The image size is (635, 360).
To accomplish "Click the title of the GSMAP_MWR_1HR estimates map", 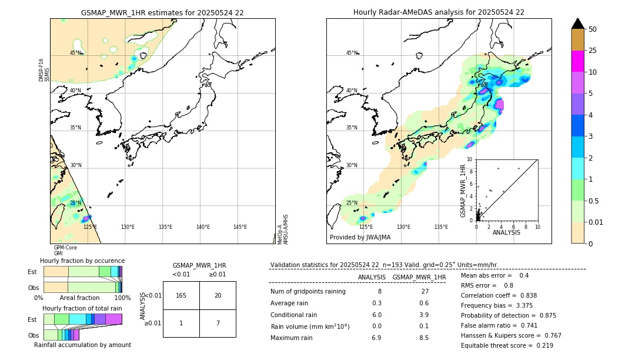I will pos(162,12).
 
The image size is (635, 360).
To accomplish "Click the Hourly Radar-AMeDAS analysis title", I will pos(439,12).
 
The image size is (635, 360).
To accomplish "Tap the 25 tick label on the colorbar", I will pos(593,51).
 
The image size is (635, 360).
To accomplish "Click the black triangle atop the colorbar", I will pos(578,24).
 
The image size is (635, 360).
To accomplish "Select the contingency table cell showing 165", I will pos(181,295).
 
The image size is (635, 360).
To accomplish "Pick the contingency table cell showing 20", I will pos(218,295).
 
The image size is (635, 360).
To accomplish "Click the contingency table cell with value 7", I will pos(218,323).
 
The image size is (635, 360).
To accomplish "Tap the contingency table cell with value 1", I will pos(181,323).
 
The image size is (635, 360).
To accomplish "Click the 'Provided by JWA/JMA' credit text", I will pos(360,238).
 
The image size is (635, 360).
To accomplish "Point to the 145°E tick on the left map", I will pos(240,227).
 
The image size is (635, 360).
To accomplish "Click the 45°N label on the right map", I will pos(352,53).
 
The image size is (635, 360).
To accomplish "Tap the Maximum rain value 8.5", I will pos(423,338).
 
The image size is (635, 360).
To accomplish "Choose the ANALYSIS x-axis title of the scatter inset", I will pos(506,232).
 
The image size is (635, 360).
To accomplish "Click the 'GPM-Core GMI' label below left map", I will pos(65,251).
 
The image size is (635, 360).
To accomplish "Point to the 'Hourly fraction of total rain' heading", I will pos(82,308).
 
